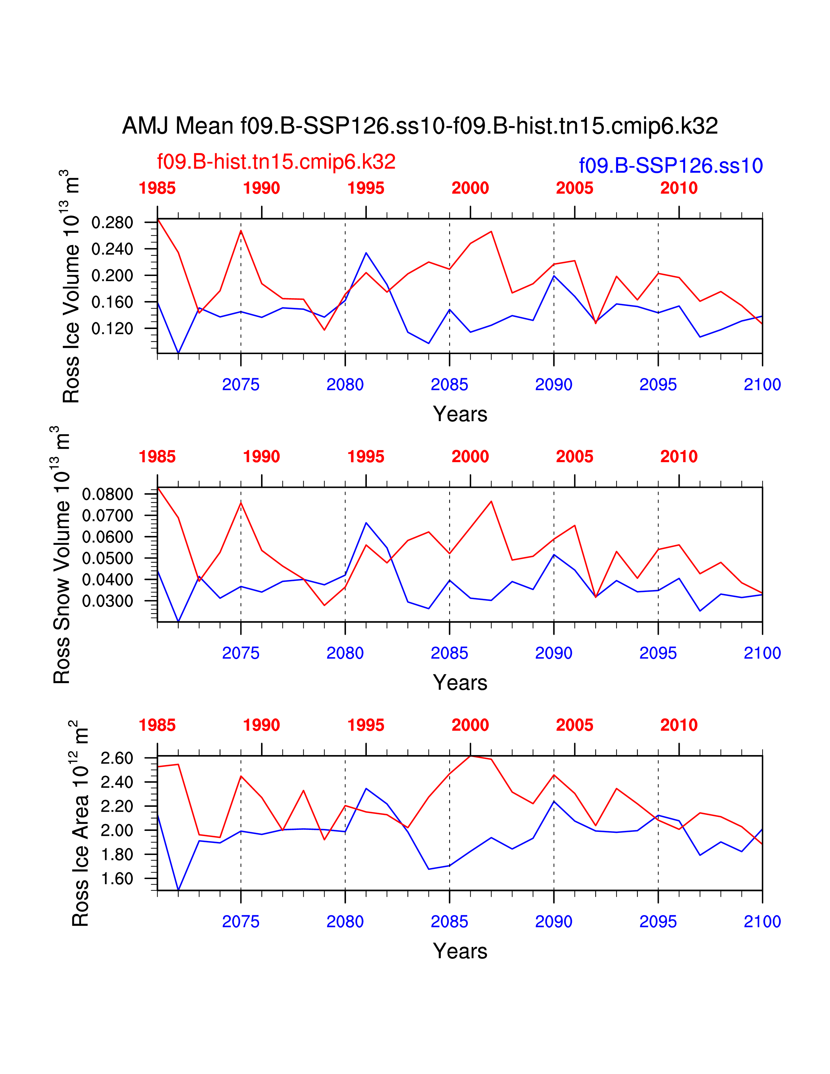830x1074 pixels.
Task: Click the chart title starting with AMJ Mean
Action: click(x=420, y=126)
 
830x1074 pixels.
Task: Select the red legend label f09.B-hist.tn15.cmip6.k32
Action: click(x=276, y=162)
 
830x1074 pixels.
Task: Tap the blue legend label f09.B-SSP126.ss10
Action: click(x=671, y=166)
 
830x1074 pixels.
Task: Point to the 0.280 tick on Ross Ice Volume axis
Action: click(x=112, y=223)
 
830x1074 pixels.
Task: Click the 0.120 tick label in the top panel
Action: click(x=112, y=328)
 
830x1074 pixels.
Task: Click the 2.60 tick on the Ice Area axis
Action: click(x=117, y=758)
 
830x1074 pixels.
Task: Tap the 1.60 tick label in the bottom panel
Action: click(x=117, y=878)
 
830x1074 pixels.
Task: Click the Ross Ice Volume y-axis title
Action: click(x=71, y=286)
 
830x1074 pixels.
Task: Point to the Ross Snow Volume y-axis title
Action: click(x=62, y=555)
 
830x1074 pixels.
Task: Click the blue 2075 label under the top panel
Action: click(x=241, y=385)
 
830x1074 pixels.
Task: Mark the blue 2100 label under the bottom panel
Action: click(x=762, y=922)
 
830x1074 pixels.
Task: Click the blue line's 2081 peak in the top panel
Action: click(x=366, y=253)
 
